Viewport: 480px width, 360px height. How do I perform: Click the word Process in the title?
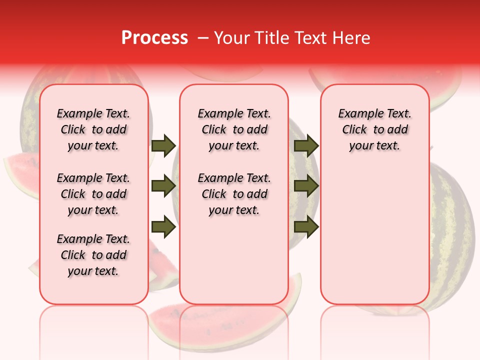click(x=154, y=38)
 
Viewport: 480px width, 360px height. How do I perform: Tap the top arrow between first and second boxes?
click(x=163, y=145)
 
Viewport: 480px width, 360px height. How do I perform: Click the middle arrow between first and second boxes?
click(x=163, y=186)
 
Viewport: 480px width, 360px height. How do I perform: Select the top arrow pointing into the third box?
click(x=306, y=145)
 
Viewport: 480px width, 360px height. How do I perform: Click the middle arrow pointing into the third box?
click(x=306, y=186)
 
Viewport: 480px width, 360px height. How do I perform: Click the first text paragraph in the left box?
click(x=93, y=129)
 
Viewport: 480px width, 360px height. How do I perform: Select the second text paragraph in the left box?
click(x=93, y=194)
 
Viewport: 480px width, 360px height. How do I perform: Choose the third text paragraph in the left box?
click(x=93, y=255)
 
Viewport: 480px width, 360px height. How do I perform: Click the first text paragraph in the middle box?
click(x=234, y=129)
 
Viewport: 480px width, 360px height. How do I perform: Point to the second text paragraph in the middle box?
click(x=234, y=194)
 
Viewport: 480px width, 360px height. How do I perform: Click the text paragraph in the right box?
click(x=375, y=129)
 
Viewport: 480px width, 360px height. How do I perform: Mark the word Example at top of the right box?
click(x=356, y=113)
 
